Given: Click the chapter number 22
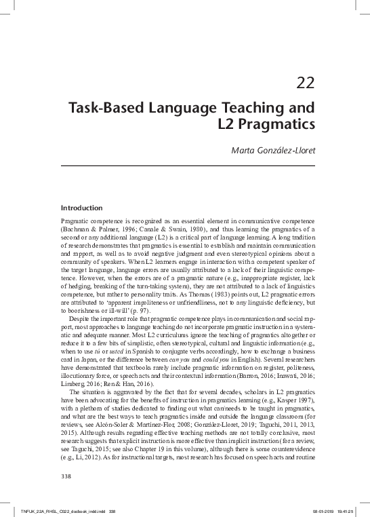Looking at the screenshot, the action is click(x=305, y=84).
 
